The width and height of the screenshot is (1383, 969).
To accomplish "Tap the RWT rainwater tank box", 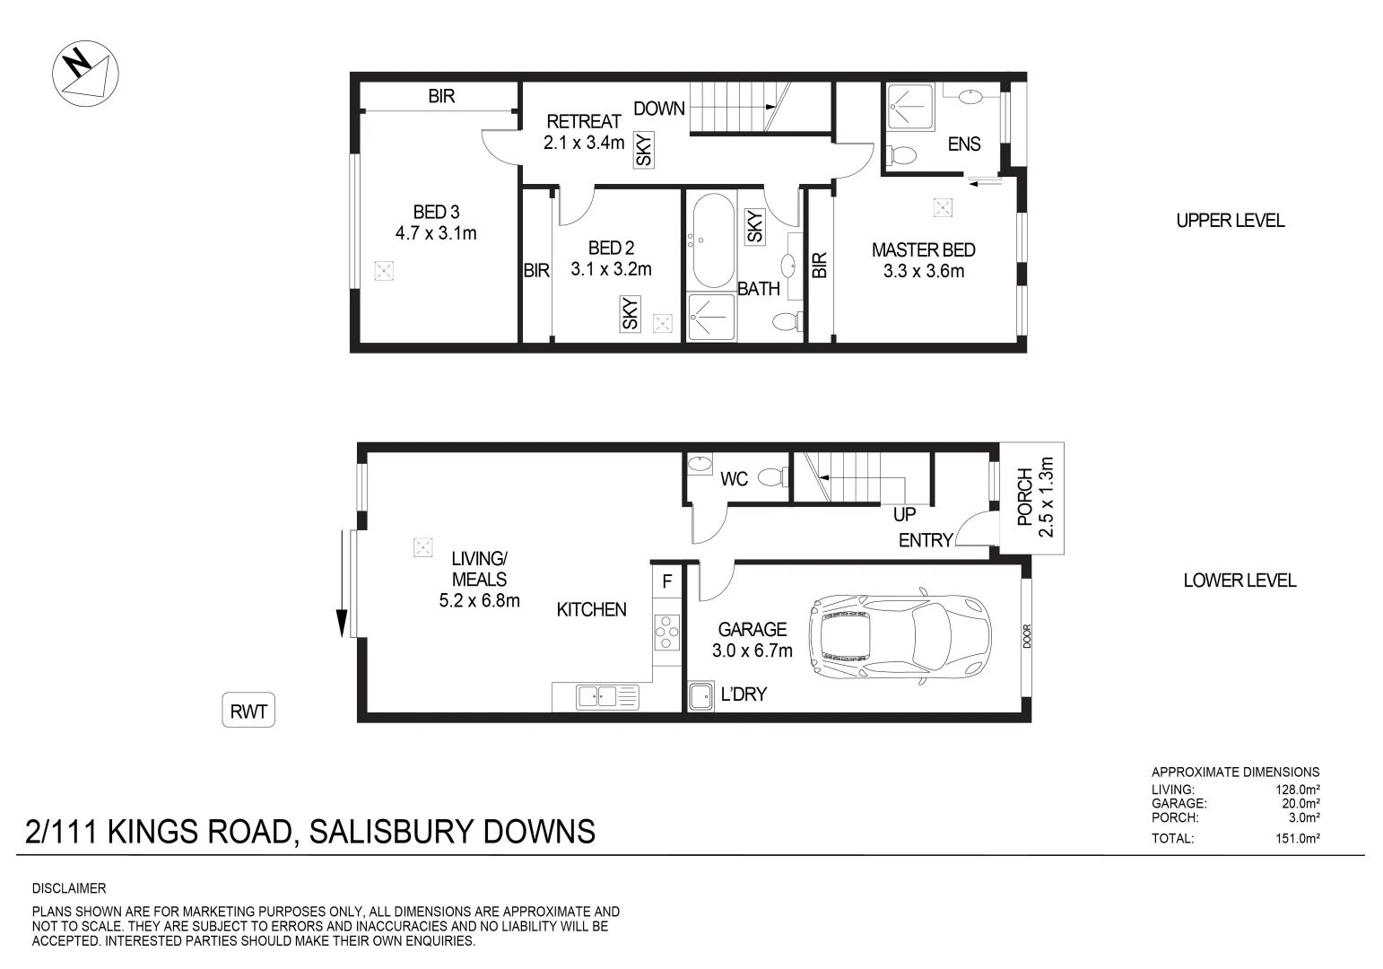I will point(248,711).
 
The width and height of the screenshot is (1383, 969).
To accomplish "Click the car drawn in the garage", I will point(900,637).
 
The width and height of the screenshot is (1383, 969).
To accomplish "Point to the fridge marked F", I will point(666,581).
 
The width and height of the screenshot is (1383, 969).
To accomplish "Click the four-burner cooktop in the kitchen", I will point(666,632).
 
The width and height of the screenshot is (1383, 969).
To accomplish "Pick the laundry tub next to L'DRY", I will point(700,695).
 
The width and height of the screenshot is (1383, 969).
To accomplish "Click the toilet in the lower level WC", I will point(770,477).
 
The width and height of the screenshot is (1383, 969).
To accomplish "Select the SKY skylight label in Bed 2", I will point(631,313).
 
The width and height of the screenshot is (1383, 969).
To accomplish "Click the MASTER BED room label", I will point(923,250).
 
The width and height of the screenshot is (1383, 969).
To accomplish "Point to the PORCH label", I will point(1025,497).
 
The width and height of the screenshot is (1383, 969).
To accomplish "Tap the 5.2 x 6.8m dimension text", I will point(479,600).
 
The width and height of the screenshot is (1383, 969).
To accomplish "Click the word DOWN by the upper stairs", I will point(659,109).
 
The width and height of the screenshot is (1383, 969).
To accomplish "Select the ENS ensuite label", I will point(964,144).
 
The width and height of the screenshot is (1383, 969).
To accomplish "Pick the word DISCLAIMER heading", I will point(69,889).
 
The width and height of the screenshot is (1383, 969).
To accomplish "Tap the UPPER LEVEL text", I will point(1230,221).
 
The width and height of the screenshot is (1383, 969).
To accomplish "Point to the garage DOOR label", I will point(1027,636).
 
